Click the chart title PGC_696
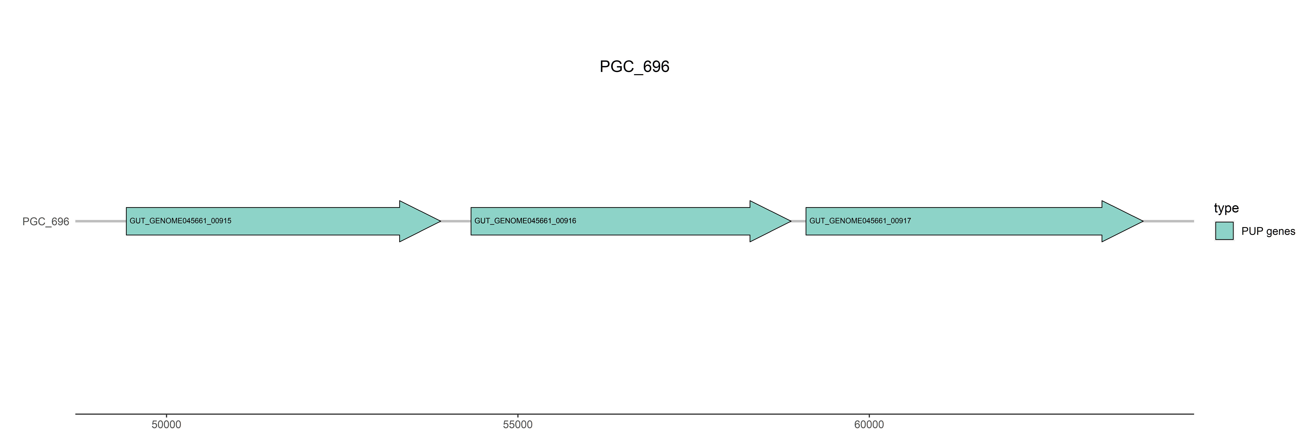634,67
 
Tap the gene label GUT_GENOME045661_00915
180,221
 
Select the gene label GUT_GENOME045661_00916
525,221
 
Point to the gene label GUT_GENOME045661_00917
860,221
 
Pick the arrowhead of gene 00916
770,221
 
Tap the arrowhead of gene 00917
1122,221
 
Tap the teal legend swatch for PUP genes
1224,231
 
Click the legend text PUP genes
1268,231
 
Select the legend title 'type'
1226,208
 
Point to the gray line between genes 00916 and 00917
798,221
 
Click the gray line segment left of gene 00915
101,221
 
